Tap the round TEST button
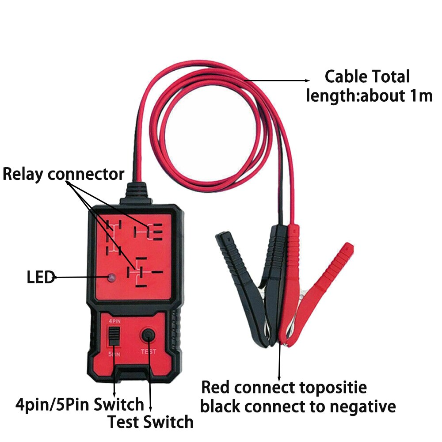tap(148, 336)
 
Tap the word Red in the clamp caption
tap(216, 388)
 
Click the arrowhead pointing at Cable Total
tap(308, 80)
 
